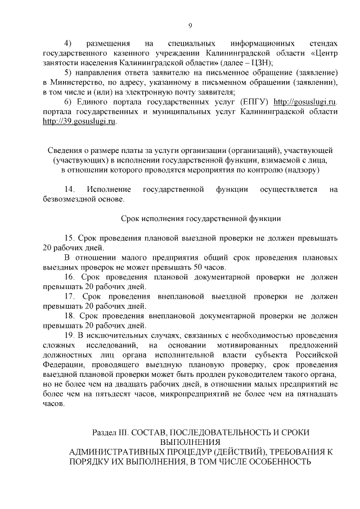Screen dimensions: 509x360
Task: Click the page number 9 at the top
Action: click(190, 25)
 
